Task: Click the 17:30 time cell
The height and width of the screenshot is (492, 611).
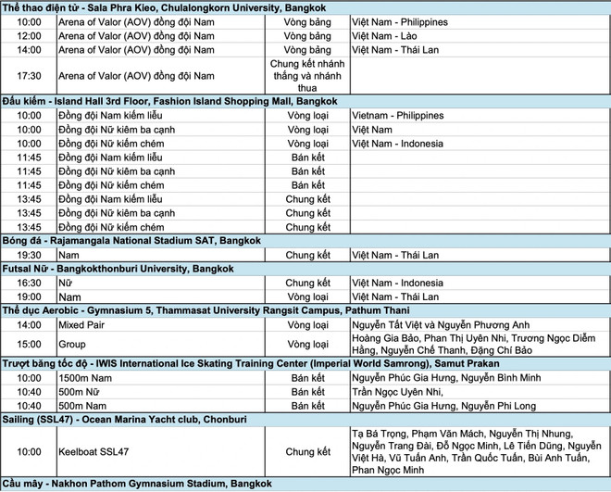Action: (29, 76)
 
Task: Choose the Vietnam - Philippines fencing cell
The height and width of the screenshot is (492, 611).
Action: (399, 116)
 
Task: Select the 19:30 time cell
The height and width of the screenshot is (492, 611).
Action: (29, 255)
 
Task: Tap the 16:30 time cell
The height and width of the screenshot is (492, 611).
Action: (29, 283)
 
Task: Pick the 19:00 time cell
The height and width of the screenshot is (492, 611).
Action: (29, 296)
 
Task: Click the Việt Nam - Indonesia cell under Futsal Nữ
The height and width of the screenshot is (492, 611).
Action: (397, 283)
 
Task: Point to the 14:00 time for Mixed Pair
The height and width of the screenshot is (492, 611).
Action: (29, 325)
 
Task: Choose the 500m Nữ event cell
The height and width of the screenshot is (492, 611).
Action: (80, 392)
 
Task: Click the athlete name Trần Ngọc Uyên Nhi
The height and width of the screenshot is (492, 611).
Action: (405, 392)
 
